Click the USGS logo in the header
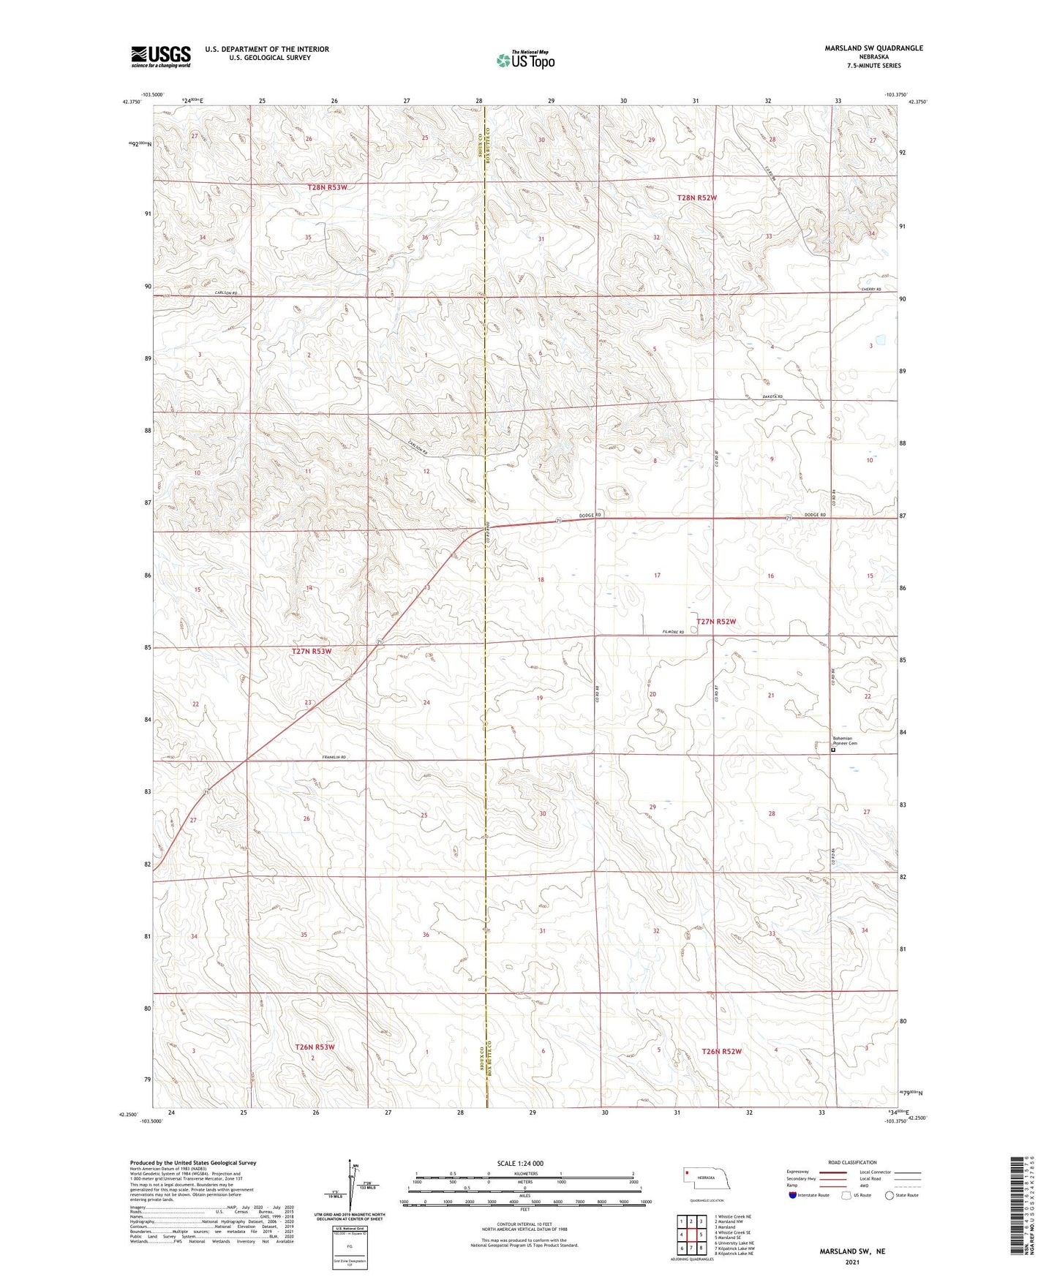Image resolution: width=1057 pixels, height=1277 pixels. pyautogui.click(x=161, y=56)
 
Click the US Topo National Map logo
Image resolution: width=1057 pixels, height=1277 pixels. pyautogui.click(x=525, y=60)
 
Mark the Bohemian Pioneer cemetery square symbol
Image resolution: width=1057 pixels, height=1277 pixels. pyautogui.click(x=833, y=749)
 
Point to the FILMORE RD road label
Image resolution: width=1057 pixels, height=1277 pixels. pyautogui.click(x=672, y=632)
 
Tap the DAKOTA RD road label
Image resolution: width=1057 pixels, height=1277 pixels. pyautogui.click(x=772, y=396)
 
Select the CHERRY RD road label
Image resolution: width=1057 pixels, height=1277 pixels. pyautogui.click(x=871, y=290)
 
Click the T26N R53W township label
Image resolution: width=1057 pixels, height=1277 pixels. pyautogui.click(x=315, y=1047)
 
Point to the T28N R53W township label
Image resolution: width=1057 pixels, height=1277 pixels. pyautogui.click(x=327, y=187)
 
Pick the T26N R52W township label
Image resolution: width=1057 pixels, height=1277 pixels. pyautogui.click(x=721, y=1052)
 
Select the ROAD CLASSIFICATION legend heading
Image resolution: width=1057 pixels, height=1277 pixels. pyautogui.click(x=852, y=1162)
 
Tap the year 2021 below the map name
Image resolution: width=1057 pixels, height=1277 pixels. pyautogui.click(x=851, y=1262)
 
